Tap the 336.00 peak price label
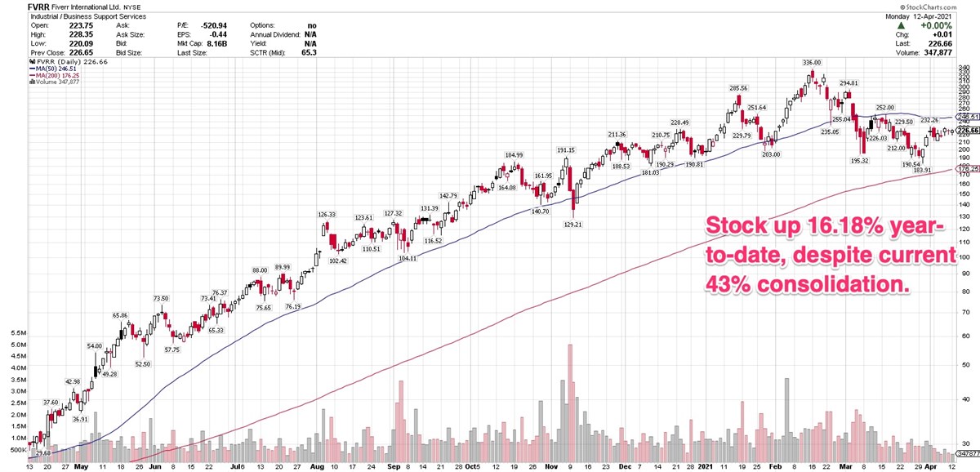[x=812, y=62]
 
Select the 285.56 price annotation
[x=738, y=88]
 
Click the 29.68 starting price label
[x=43, y=452]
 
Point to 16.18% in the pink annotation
[x=817, y=225]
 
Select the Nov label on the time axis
[x=550, y=465]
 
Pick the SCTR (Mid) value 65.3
[x=308, y=52]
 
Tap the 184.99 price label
[x=514, y=155]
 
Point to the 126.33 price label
[x=328, y=215]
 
